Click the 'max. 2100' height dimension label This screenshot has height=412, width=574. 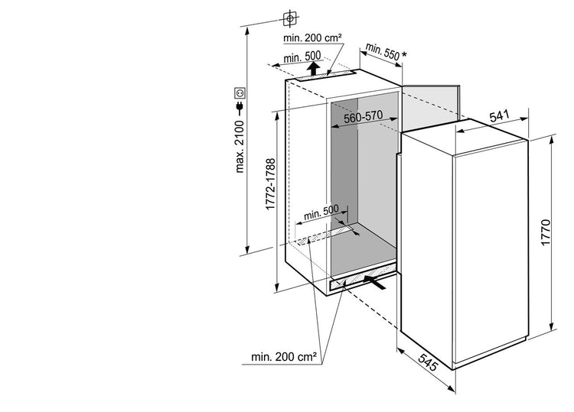[x=240, y=147]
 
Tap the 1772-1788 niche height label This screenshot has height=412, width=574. [x=270, y=184]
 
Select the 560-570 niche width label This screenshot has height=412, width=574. [x=363, y=117]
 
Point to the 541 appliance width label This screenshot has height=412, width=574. [x=499, y=116]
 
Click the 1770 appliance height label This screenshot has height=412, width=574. [x=545, y=232]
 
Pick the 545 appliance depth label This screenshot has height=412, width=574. [x=428, y=362]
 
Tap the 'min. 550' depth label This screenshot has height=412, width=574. [x=382, y=52]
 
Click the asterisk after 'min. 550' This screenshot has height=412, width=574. [x=404, y=55]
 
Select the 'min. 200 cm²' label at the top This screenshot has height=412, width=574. [x=312, y=37]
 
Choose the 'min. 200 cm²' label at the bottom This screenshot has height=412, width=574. [x=284, y=357]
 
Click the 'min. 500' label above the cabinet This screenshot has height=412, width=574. [x=302, y=57]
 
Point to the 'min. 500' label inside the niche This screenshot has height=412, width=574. [x=321, y=212]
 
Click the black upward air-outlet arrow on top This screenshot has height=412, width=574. [x=312, y=68]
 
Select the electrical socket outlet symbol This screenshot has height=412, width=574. [x=240, y=92]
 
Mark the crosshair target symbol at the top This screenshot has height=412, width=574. [x=290, y=18]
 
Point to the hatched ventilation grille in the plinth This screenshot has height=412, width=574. [x=363, y=277]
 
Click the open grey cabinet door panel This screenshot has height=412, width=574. [x=431, y=107]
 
